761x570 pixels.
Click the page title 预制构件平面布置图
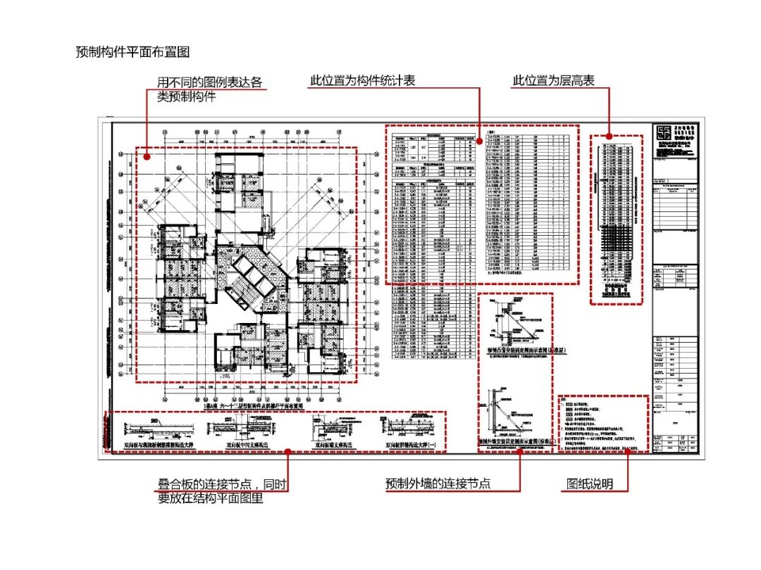pos(132,52)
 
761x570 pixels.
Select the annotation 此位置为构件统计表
pos(362,80)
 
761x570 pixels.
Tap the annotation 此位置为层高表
pos(553,80)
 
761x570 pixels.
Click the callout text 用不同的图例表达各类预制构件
pos(209,89)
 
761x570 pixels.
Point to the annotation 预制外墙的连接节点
pos(438,484)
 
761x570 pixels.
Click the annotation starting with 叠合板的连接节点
pos(222,491)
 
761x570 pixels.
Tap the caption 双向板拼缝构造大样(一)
pos(410,445)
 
